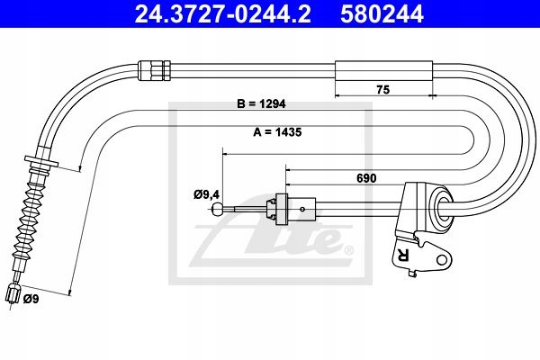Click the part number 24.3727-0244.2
223,13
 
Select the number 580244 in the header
382,13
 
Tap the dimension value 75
382,90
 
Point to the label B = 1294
261,103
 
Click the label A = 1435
277,132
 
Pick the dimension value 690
366,178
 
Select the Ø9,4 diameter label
207,195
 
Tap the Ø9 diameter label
31,299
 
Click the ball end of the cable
217,209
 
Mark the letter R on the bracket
402,255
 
